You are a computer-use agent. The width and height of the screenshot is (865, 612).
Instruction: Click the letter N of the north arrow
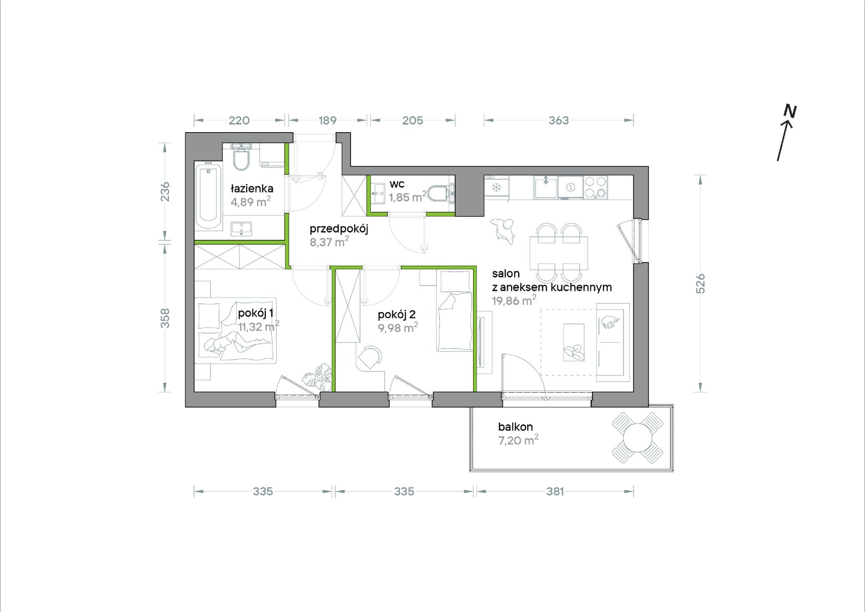(790, 111)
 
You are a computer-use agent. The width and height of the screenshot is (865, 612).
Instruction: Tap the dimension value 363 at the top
(559, 120)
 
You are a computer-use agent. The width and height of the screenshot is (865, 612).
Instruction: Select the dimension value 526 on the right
(700, 283)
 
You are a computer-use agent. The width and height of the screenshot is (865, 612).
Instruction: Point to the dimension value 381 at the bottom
(555, 491)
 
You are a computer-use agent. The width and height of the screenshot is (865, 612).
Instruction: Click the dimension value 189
(327, 120)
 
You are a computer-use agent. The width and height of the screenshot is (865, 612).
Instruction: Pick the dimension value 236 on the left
(165, 191)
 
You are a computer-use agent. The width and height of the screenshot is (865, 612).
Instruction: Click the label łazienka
(252, 188)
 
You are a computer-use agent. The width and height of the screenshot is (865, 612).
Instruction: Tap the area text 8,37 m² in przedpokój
(329, 242)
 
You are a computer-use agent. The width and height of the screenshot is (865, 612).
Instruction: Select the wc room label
(397, 184)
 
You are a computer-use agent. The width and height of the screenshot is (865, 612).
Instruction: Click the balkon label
(515, 427)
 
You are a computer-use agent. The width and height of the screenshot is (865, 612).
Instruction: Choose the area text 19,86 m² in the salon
(514, 300)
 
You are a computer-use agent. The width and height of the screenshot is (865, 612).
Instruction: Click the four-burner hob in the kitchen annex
(595, 187)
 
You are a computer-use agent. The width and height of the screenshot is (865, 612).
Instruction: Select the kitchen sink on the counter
(545, 187)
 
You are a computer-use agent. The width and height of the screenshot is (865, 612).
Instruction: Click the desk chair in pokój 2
(369, 357)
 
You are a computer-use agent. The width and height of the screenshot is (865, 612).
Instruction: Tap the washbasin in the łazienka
(241, 229)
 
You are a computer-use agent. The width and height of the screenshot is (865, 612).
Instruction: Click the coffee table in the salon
(574, 343)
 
